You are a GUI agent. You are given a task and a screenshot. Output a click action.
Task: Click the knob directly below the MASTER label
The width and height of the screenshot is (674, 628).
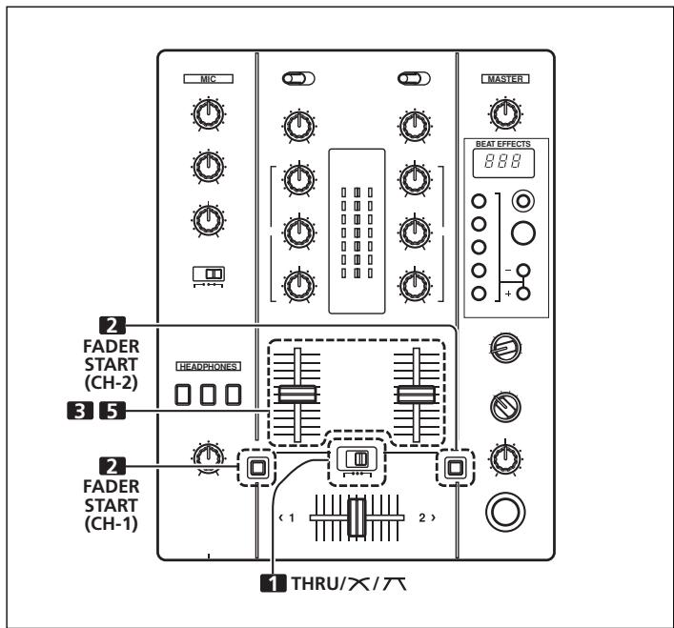click(x=506, y=115)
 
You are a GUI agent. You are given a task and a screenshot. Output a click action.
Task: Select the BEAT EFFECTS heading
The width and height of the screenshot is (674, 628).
click(x=506, y=144)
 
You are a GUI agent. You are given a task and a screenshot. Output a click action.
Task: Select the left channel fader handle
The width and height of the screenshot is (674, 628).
click(x=299, y=395)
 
